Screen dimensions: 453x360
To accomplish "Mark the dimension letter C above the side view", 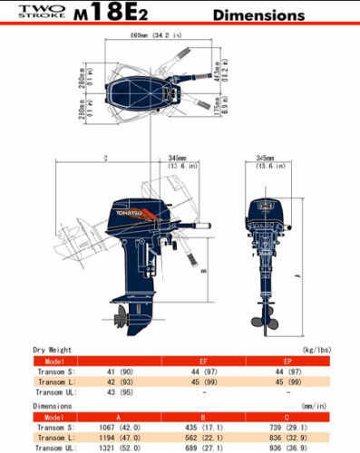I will click(105, 158).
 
